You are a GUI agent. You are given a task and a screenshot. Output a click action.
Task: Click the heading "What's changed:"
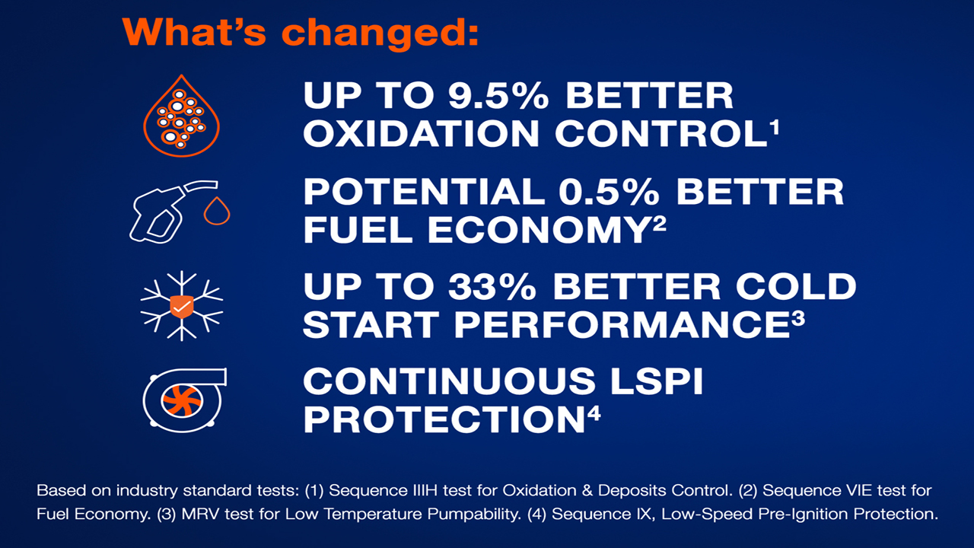click(301, 31)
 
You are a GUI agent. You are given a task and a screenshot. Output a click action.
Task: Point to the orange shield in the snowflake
click(182, 306)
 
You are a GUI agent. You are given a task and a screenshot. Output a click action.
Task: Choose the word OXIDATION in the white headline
click(422, 134)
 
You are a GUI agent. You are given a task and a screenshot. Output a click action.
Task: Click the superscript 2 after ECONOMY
click(660, 222)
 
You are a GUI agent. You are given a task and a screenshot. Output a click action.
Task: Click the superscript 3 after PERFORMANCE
click(797, 318)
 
